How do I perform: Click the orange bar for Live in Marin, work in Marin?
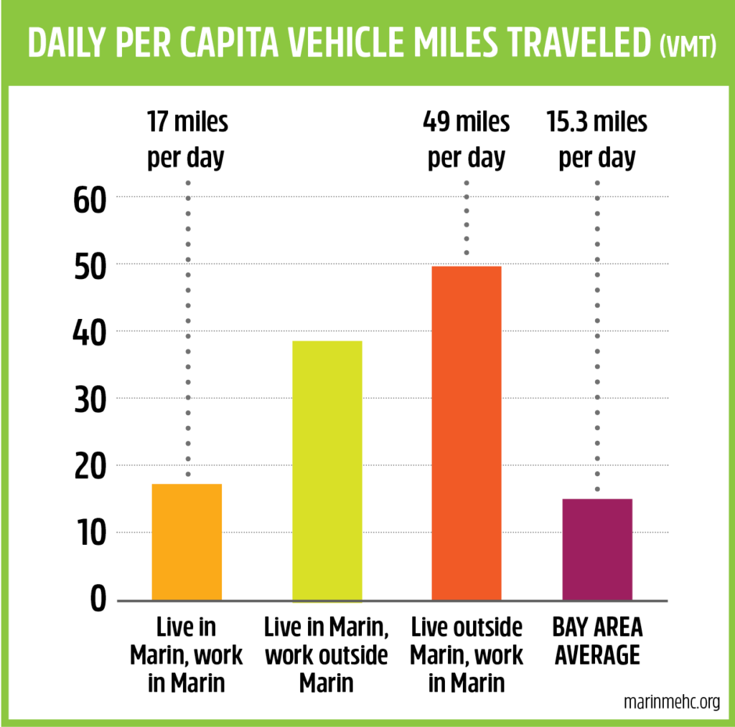[187, 542]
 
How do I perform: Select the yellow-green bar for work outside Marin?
[327, 470]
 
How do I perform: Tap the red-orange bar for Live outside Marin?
[466, 433]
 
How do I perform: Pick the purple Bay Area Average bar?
[597, 549]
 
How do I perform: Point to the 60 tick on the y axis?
[90, 199]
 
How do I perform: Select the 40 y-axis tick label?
[90, 333]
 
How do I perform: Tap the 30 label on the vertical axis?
[90, 400]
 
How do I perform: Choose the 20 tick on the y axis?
[90, 467]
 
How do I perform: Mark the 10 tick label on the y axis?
[90, 534]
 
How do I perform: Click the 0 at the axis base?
[99, 599]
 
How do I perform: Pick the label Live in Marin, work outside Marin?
[327, 655]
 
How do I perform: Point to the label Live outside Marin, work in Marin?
[467, 655]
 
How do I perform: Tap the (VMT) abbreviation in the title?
[687, 47]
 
